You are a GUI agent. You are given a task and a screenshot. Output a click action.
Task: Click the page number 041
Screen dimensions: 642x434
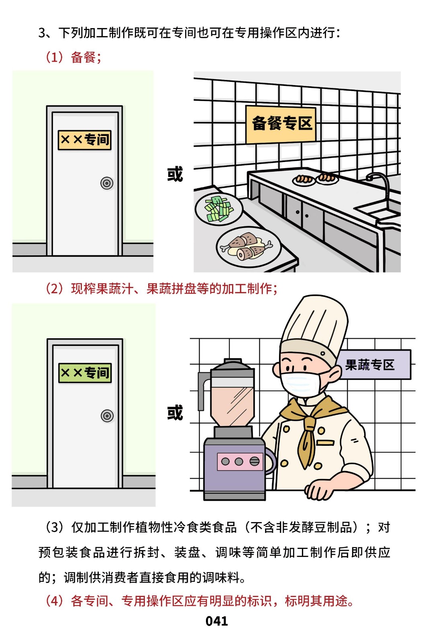(216, 621)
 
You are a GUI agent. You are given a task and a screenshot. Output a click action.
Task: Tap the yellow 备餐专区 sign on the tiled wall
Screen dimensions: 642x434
(281, 124)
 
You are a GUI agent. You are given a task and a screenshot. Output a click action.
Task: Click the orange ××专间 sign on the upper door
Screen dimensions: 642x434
(84, 140)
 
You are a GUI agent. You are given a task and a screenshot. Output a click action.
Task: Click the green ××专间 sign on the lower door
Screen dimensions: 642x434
(85, 373)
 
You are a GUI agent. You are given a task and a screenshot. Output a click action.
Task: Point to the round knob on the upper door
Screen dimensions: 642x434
(107, 183)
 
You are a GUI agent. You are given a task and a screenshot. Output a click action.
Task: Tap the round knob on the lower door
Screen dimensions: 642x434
(107, 416)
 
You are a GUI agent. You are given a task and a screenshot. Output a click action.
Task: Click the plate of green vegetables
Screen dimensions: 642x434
(219, 209)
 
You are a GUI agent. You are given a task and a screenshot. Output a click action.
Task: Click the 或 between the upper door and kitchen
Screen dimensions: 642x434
(175, 174)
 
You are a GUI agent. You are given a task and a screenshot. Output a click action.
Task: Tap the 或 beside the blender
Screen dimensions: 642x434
(175, 412)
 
